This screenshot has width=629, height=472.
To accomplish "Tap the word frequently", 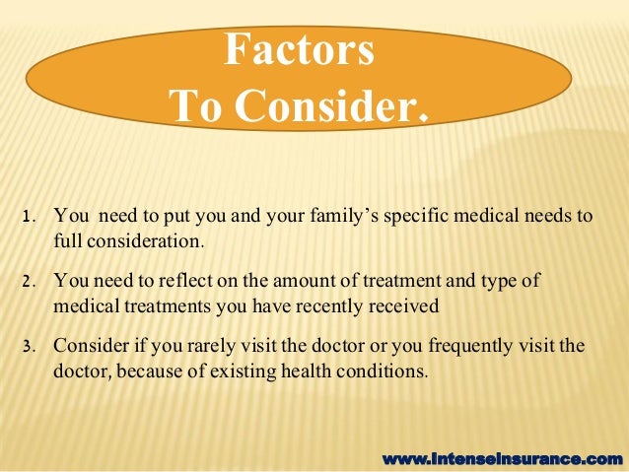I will tap(449, 348).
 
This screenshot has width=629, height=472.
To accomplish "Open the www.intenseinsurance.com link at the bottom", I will tap(502, 458).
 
